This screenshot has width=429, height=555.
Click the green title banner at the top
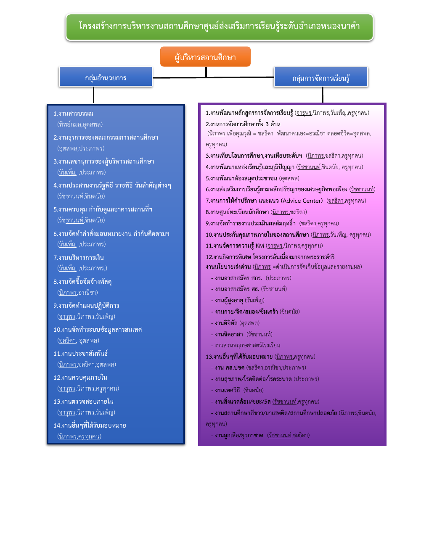(x=219, y=27)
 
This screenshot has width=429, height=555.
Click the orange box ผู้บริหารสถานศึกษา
(x=205, y=57)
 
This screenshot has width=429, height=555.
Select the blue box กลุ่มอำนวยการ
(x=106, y=77)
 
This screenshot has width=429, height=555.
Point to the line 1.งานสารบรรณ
(x=74, y=114)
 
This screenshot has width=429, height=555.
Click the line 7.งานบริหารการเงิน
(x=79, y=257)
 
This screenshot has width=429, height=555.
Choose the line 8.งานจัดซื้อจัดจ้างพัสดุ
(x=82, y=281)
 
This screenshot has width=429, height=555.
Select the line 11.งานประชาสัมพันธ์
(x=81, y=353)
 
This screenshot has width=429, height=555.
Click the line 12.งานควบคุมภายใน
(x=80, y=377)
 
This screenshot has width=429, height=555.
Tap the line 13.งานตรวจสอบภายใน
(x=84, y=401)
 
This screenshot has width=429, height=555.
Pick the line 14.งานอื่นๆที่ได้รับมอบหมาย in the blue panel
(x=90, y=425)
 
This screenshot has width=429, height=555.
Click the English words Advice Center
(x=302, y=201)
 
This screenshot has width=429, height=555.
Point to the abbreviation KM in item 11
(x=260, y=246)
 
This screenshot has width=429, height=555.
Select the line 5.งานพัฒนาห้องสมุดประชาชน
(x=241, y=178)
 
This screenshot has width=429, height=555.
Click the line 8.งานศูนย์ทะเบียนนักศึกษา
(x=237, y=212)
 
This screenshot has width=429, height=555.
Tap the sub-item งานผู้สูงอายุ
(x=229, y=300)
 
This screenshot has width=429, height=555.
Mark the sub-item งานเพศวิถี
(x=227, y=390)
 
